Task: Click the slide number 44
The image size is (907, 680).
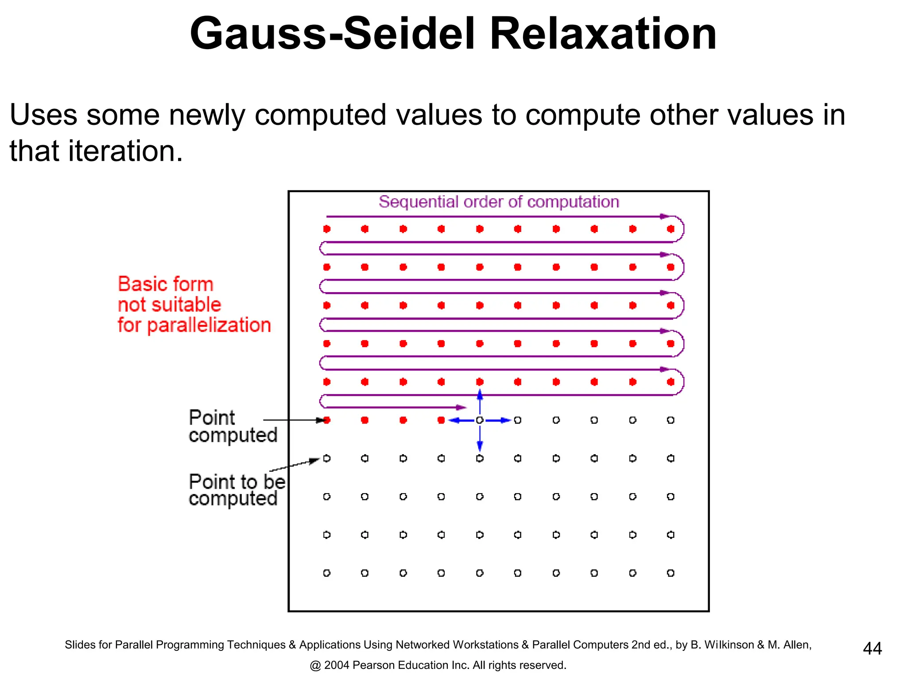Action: (x=872, y=649)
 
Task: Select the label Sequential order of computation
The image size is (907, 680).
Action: (x=499, y=202)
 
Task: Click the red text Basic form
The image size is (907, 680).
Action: (x=166, y=284)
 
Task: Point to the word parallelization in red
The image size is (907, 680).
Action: (x=209, y=325)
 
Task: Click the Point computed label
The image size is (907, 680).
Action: (x=233, y=426)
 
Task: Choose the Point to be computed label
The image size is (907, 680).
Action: (x=236, y=490)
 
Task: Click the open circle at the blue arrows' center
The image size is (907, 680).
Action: (x=480, y=420)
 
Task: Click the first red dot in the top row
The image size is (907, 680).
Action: (x=327, y=229)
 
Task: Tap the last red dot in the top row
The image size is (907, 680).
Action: (x=671, y=229)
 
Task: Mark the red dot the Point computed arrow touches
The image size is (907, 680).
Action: (x=327, y=420)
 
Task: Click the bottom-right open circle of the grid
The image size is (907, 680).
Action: (x=671, y=573)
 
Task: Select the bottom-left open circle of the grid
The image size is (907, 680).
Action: (x=327, y=573)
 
